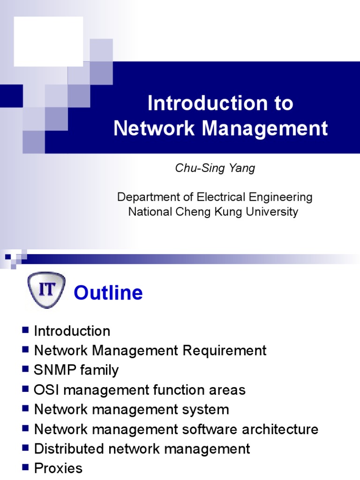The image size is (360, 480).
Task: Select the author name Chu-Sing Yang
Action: click(215, 169)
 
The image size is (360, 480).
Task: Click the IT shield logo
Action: click(45, 292)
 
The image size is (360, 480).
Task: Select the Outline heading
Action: click(108, 293)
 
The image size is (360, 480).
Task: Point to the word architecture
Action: click(282, 429)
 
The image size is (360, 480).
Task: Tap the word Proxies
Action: click(58, 468)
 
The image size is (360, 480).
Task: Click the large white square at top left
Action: click(48, 41)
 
